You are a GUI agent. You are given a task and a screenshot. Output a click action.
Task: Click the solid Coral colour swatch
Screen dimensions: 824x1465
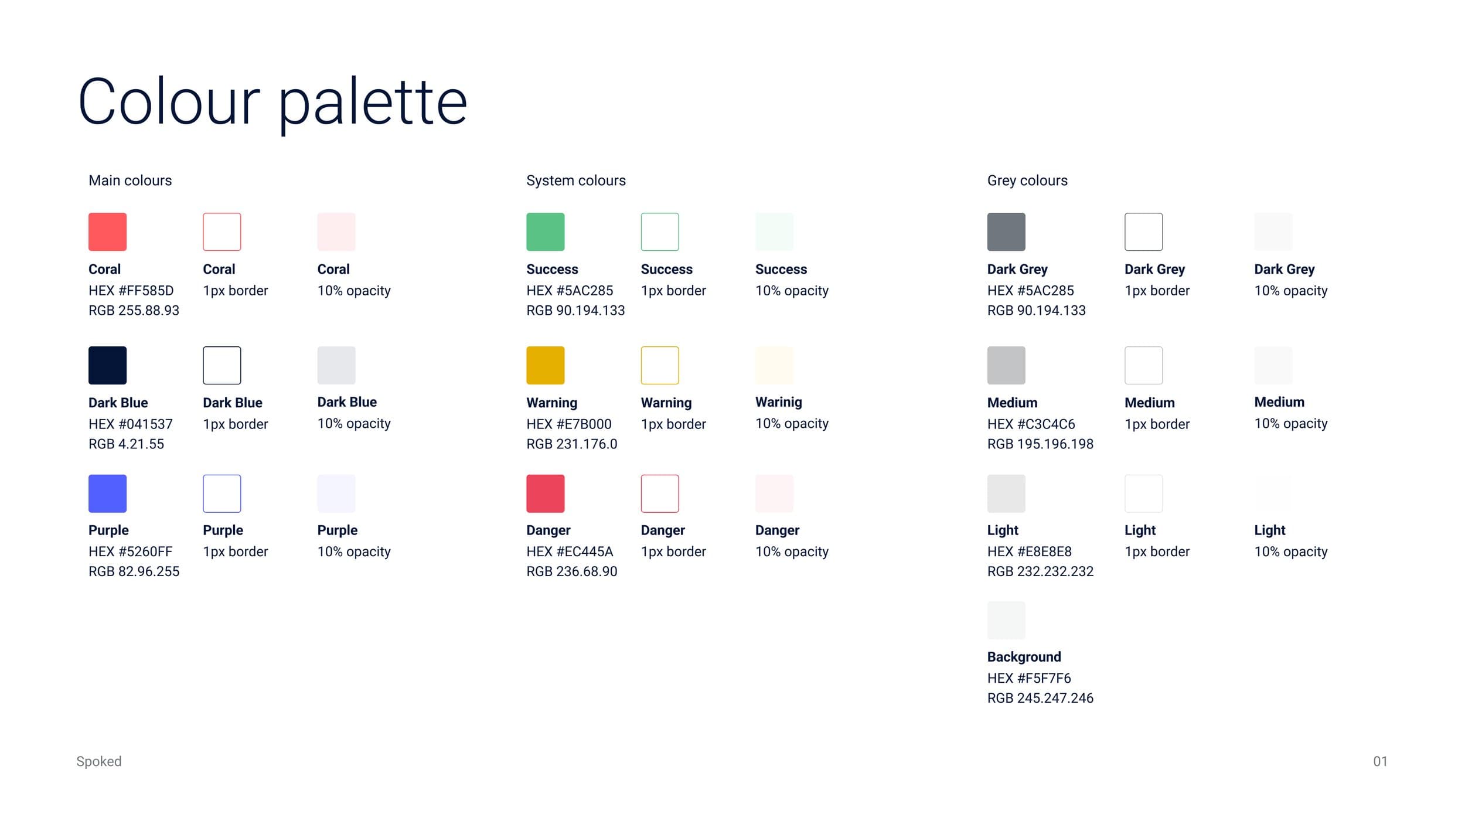tap(107, 231)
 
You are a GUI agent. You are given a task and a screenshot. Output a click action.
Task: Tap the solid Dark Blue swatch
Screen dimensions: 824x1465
tap(107, 365)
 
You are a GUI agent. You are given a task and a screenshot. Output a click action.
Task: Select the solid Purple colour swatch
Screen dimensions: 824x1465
tap(107, 493)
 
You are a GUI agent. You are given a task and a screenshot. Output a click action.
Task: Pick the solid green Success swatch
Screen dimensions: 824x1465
tap(545, 231)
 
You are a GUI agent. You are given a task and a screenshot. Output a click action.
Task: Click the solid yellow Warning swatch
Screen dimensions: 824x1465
tap(545, 365)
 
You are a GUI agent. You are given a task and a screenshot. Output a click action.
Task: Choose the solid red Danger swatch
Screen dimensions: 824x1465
tap(545, 493)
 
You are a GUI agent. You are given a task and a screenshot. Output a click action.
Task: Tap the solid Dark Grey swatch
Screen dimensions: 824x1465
tap(1006, 231)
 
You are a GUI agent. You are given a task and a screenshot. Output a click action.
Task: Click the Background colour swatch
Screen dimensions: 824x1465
tap(1006, 620)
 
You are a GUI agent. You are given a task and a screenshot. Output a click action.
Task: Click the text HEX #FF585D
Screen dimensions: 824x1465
tap(131, 291)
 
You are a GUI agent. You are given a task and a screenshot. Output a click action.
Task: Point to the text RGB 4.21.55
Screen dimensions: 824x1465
tap(126, 444)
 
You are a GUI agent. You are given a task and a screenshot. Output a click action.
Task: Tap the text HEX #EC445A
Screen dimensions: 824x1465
tap(569, 551)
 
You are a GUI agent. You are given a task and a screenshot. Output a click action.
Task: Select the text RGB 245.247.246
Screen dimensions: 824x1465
tap(1040, 698)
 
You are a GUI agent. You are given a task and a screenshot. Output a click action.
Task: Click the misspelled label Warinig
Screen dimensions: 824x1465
tap(778, 402)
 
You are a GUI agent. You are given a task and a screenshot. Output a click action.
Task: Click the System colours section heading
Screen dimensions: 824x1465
tap(575, 181)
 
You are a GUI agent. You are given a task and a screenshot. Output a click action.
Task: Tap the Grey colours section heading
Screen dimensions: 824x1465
tap(1027, 181)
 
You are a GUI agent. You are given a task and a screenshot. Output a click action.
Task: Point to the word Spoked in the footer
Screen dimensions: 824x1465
tap(98, 761)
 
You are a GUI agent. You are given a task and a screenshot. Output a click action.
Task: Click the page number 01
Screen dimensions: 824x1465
tap(1380, 761)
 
